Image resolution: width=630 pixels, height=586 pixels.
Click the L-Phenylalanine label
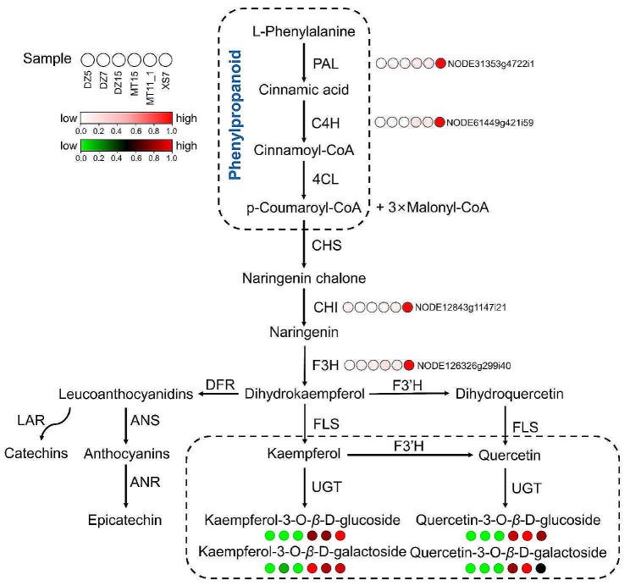[x=302, y=31]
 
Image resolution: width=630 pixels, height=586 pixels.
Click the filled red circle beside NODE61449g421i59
[x=439, y=122]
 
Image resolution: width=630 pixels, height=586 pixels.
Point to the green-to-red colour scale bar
[x=125, y=146]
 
